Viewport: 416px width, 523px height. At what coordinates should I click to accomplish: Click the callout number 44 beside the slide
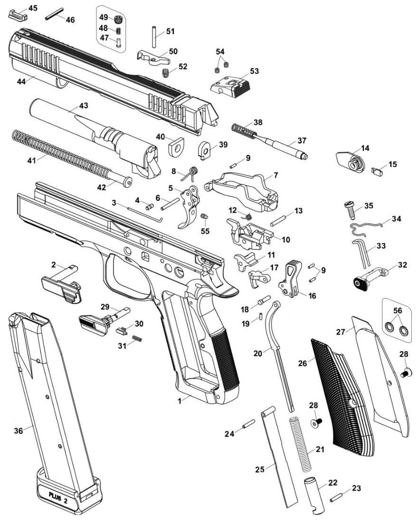21,81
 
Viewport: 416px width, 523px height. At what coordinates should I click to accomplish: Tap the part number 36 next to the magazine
18,430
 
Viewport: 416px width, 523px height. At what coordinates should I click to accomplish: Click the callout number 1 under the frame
180,401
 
